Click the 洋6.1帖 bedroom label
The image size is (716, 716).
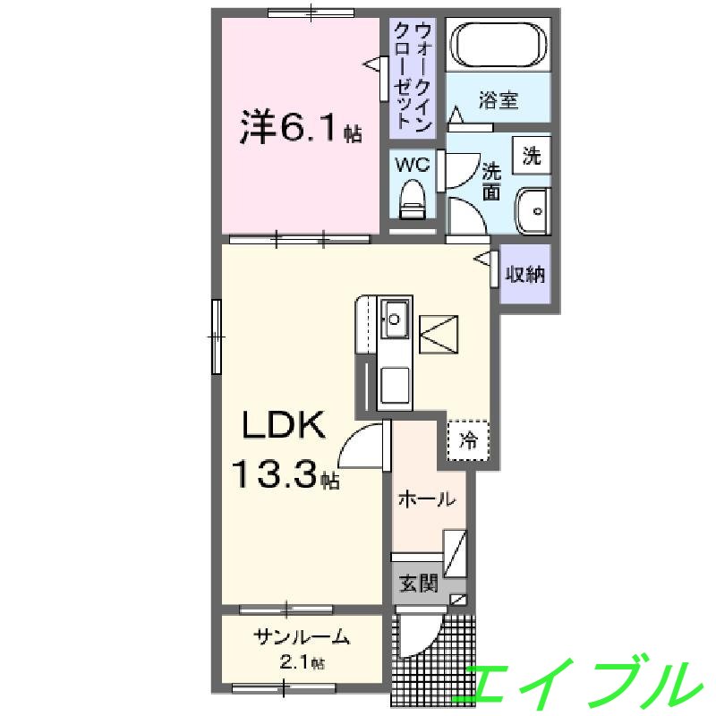click(299, 129)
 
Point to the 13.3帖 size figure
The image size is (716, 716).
click(286, 475)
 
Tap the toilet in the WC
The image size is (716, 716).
click(413, 200)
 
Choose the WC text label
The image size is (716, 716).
click(413, 164)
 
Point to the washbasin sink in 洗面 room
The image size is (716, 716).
click(533, 211)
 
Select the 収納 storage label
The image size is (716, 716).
click(524, 274)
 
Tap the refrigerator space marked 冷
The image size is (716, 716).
click(468, 439)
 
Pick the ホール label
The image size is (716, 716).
click(426, 499)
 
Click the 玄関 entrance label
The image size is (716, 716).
click(418, 585)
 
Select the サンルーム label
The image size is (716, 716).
click(302, 638)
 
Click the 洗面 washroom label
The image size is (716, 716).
click(492, 180)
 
